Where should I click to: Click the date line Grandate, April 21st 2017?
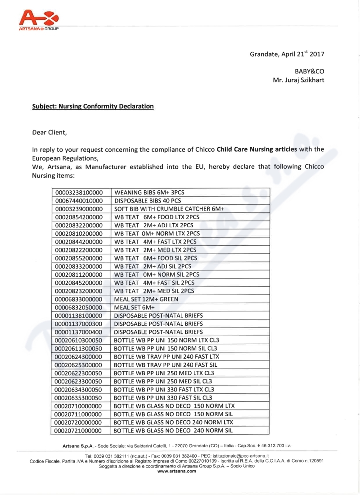[287, 54]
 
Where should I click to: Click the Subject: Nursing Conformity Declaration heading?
[93, 107]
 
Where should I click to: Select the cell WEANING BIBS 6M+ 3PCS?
[149, 193]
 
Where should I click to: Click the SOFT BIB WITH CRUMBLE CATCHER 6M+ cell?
[169, 209]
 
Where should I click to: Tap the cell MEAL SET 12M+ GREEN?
[146, 299]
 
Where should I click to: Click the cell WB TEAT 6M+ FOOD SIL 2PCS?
[156, 258]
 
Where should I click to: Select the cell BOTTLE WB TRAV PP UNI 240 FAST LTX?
[166, 356]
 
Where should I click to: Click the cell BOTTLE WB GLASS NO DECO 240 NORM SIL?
[173, 431]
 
